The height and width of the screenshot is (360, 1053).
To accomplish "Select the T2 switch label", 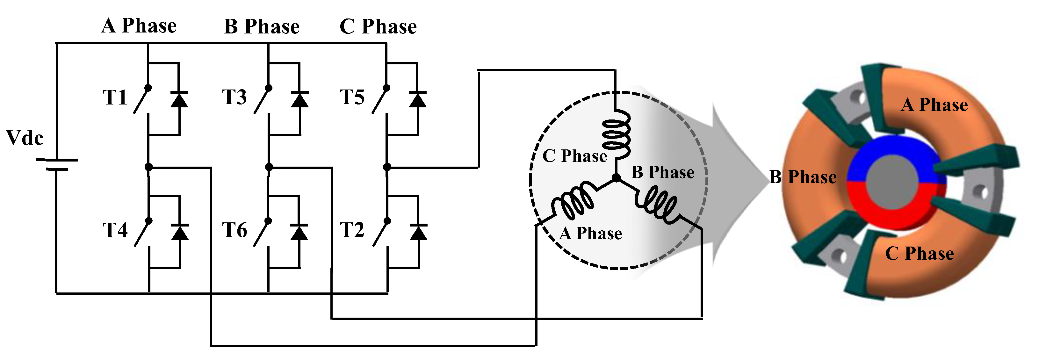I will pos(352,230).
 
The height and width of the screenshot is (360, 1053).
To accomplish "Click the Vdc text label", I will pos(25,138).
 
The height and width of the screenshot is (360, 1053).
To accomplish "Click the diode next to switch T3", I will pos(299,99).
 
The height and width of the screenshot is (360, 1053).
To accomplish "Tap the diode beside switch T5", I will pos(417,99).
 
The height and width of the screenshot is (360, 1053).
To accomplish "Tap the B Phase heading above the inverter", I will pos(262,26).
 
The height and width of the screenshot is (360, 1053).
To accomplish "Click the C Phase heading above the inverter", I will pos(378,26).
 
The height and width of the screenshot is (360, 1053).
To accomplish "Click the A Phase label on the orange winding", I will pos(934,105).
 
